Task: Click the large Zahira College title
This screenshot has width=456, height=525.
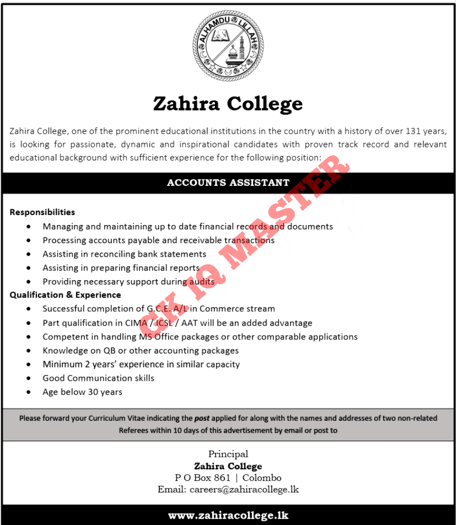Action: [228, 104]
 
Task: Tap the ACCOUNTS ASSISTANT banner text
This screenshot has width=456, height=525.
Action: [228, 183]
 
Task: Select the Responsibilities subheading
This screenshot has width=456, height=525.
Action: [42, 212]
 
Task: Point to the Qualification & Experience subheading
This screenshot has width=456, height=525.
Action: [65, 295]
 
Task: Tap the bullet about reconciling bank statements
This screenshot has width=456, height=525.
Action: [124, 254]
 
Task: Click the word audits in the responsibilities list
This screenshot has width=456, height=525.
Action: [201, 282]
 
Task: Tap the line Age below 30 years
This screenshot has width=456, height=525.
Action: [82, 392]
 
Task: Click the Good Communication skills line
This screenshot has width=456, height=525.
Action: [98, 378]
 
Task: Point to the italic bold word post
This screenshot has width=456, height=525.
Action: [201, 418]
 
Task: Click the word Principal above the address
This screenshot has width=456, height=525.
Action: [228, 454]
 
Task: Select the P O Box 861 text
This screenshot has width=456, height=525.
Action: [202, 478]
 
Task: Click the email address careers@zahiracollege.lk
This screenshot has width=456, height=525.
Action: [244, 490]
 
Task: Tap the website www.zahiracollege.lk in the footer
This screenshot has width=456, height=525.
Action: [228, 516]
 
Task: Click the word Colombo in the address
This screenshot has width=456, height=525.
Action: [262, 478]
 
